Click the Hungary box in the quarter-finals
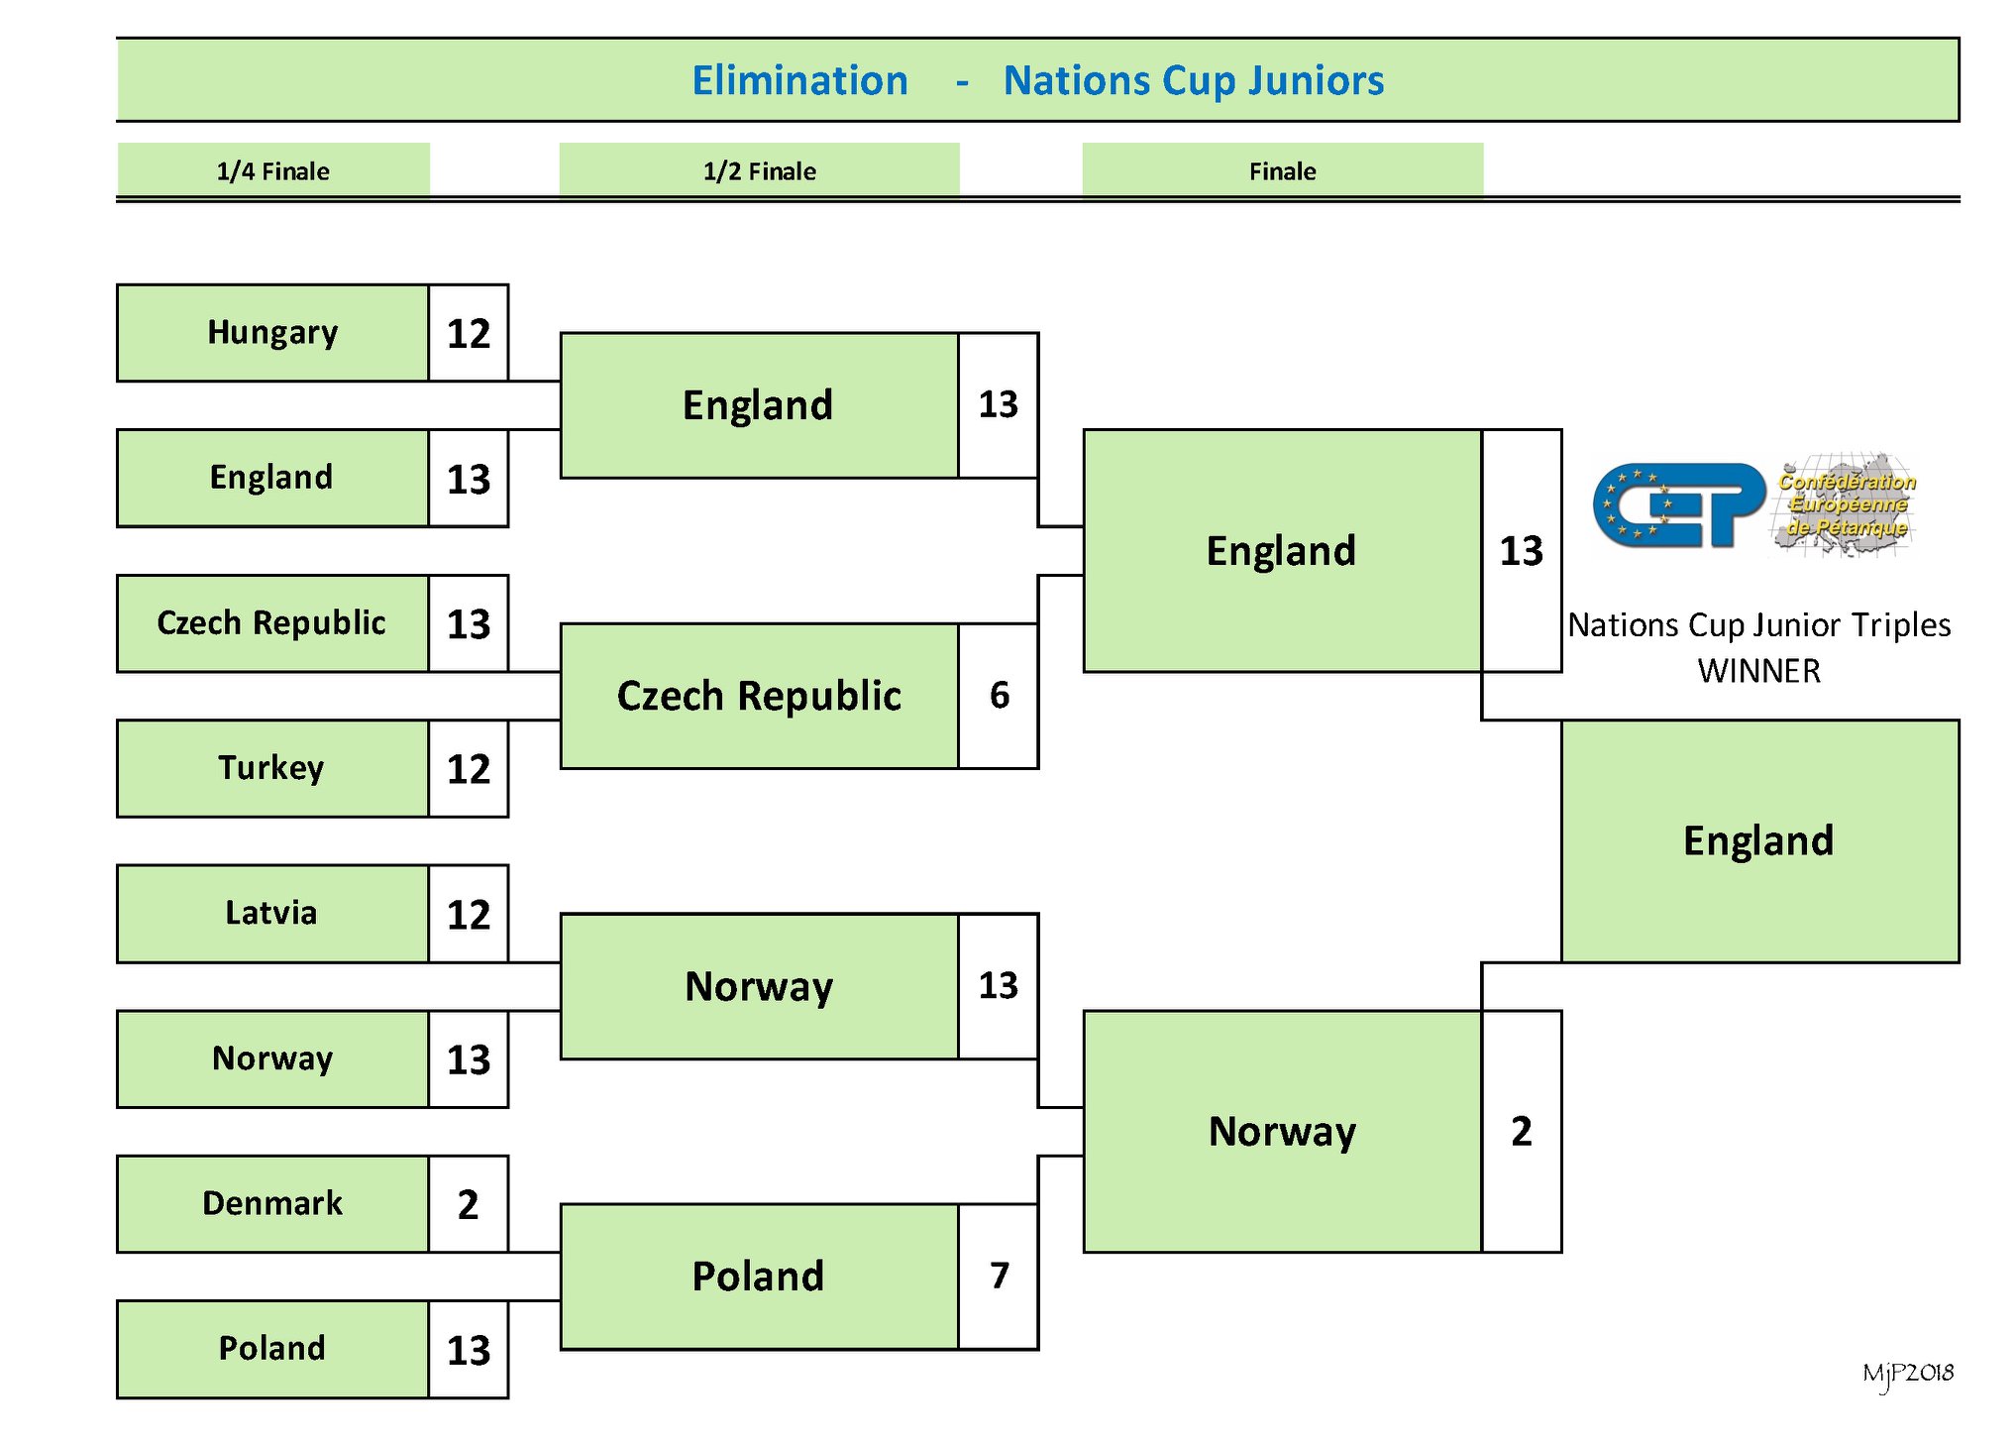coord(272,333)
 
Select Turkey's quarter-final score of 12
coord(469,769)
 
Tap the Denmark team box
coord(272,1204)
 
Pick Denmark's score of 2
coord(469,1204)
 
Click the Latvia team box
coord(272,914)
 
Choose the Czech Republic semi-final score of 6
coord(999,696)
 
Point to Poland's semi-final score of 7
coord(999,1277)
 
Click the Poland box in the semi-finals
coord(760,1277)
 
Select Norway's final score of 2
coord(1522,1132)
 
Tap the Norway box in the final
coord(1283,1132)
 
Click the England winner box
coord(1760,841)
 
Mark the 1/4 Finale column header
coord(273,170)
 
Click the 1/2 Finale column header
coord(760,170)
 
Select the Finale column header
coord(1283,170)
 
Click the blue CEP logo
coord(1679,505)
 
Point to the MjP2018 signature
coord(1908,1374)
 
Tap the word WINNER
coord(1759,671)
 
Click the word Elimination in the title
coord(799,80)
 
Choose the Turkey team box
coord(272,769)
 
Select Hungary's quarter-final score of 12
coord(469,333)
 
